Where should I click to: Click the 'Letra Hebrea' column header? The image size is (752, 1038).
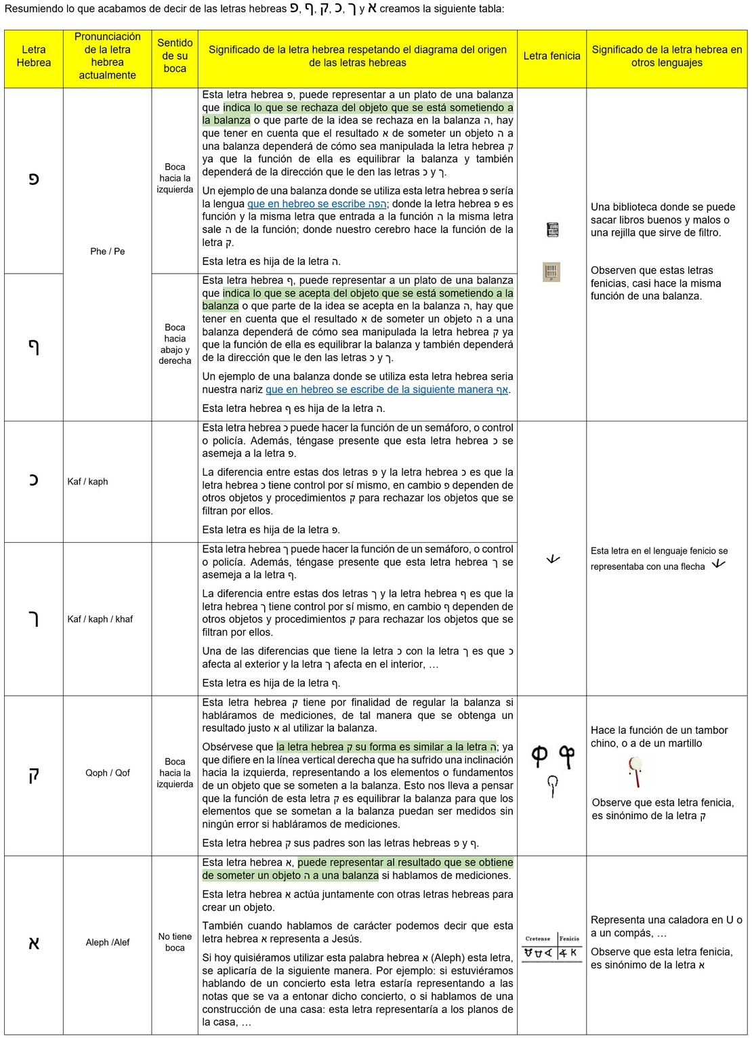click(x=34, y=56)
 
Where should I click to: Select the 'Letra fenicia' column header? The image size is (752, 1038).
click(x=551, y=56)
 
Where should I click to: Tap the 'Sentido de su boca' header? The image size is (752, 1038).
click(x=175, y=56)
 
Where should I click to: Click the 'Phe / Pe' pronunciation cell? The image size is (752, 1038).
click(x=107, y=251)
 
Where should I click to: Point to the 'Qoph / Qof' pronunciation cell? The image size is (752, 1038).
click(x=107, y=773)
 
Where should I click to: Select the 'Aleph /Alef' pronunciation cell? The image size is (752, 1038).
click(x=107, y=942)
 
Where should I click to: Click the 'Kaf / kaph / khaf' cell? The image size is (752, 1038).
click(x=100, y=619)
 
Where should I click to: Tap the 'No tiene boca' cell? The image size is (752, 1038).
click(x=175, y=942)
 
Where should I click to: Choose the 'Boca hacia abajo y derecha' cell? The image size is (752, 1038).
click(x=175, y=344)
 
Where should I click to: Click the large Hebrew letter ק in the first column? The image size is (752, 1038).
click(x=34, y=774)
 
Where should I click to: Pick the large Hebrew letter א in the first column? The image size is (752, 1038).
click(x=34, y=943)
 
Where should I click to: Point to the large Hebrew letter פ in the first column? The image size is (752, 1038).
click(x=34, y=180)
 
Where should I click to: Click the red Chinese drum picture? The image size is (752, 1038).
click(x=635, y=772)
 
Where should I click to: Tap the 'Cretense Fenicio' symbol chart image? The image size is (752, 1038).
click(x=551, y=947)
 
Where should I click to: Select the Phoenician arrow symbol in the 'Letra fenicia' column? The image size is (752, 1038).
click(x=553, y=559)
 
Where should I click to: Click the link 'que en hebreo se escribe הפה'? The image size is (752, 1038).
click(x=316, y=204)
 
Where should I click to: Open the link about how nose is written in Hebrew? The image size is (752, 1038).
click(x=386, y=390)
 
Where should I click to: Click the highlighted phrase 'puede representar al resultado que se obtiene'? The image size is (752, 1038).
click(x=405, y=863)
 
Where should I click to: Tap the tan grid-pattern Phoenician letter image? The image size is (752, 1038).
click(x=551, y=272)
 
